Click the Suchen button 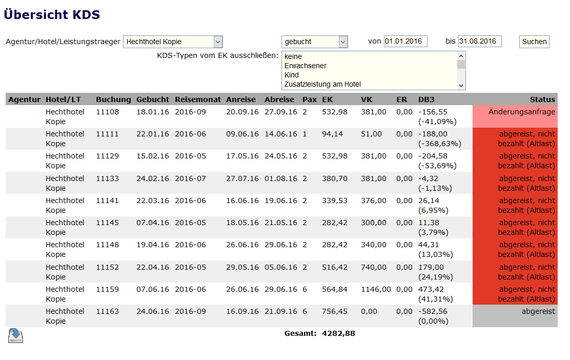click(534, 42)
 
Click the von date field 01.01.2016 click(405, 42)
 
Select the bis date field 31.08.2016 click(479, 42)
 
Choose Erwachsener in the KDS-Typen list click(306, 66)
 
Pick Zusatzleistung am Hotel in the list click(322, 84)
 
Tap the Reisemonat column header click(197, 99)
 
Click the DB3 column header click(426, 99)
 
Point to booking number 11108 click(107, 112)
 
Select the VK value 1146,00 click(375, 289)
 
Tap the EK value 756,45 click(334, 311)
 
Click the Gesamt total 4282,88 click(338, 334)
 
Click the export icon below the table click(15, 335)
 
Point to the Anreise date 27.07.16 click(242, 178)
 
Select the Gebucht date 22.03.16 click(152, 201)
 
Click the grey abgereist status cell click(515, 316)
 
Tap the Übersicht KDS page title click(52, 14)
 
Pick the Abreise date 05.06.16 click(280, 267)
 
